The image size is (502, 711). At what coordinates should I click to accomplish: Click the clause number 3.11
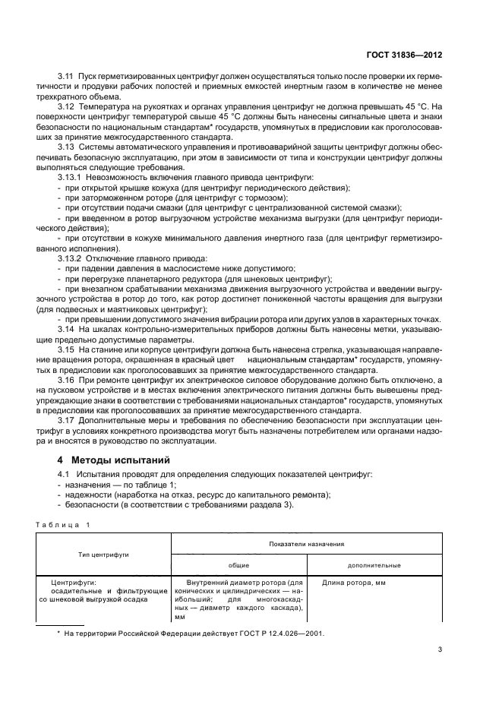pyautogui.click(x=67, y=78)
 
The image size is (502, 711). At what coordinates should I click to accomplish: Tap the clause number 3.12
pyautogui.click(x=67, y=107)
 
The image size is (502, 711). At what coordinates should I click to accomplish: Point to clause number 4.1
pyautogui.click(x=65, y=474)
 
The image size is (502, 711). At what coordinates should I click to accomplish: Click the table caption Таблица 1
pyautogui.click(x=62, y=524)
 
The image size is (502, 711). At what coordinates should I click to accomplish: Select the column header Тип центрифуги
pyautogui.click(x=103, y=555)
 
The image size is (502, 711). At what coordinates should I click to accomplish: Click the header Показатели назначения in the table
pyautogui.click(x=306, y=544)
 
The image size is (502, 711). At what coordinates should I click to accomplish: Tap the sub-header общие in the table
pyautogui.click(x=239, y=565)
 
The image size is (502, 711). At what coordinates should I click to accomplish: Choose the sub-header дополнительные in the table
pyautogui.click(x=374, y=565)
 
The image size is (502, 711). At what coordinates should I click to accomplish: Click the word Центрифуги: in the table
pyautogui.click(x=63, y=583)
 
